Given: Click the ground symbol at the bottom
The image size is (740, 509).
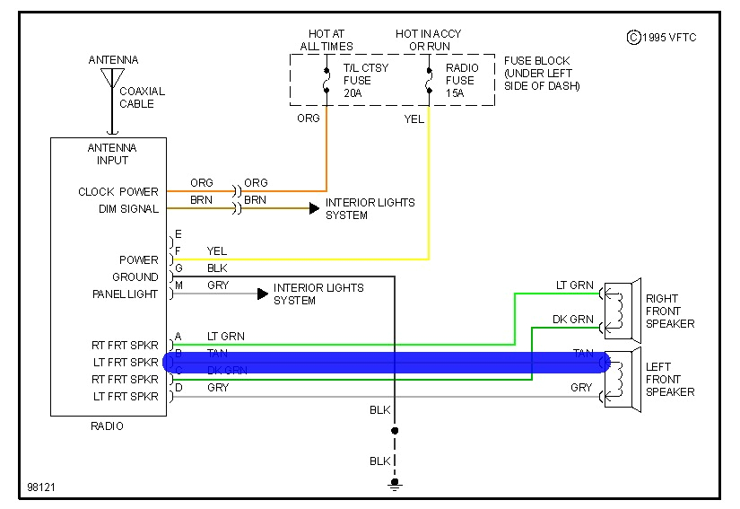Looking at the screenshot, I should (x=394, y=485).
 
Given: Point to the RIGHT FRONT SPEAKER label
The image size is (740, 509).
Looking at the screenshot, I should (x=669, y=311).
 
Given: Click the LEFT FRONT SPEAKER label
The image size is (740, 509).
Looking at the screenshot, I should (x=669, y=380).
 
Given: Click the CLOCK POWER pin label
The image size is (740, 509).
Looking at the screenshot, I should (x=118, y=192).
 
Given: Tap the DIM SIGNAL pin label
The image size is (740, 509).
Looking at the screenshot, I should (x=127, y=209).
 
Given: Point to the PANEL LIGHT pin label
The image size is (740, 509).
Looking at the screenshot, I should (x=125, y=294).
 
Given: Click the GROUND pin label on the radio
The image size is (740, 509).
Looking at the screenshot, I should (x=135, y=277).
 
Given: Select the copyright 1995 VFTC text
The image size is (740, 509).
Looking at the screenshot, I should (x=661, y=37).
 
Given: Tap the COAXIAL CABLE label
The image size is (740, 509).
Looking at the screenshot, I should (x=142, y=97).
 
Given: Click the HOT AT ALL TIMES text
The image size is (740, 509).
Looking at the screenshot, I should (x=326, y=40).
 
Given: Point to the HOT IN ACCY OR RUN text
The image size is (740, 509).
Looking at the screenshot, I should (x=429, y=40).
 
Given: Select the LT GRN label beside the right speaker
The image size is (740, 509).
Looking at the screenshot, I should (x=574, y=285).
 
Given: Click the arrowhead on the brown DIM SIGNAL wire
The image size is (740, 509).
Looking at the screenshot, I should (x=314, y=208).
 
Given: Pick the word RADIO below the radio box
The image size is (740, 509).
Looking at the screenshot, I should (x=107, y=426).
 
